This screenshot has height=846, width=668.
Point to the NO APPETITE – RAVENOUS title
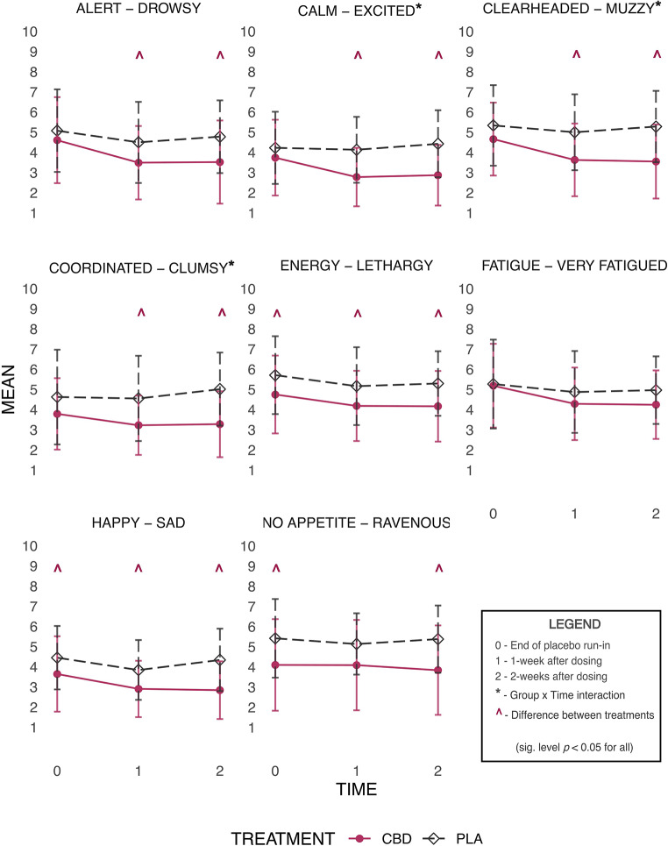pos(356,524)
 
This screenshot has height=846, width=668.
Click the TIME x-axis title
pos(358,789)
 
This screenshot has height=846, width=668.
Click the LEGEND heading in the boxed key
pos(574,624)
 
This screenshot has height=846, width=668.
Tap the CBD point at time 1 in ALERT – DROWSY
pos(139,162)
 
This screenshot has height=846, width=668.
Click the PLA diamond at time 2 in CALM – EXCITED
pos(439,144)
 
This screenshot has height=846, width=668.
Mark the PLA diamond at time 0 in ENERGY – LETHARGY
pos(276,375)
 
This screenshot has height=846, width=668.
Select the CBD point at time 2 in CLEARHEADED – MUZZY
pos(656,161)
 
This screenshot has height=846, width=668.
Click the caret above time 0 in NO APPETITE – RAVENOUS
pos(276,569)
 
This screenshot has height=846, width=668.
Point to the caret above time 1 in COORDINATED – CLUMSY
pos(139,312)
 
